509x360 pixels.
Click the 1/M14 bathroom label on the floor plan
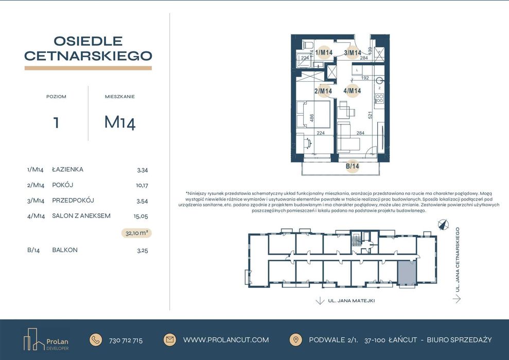click(324, 52)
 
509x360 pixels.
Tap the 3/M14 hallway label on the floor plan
click(353, 52)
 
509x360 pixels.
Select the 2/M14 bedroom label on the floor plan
click(323, 91)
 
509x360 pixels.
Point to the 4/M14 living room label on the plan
click(352, 91)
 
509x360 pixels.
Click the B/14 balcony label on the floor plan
click(352, 166)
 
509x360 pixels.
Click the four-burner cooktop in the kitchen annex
click(379, 99)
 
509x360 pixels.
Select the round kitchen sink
click(380, 80)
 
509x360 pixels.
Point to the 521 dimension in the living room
click(370, 116)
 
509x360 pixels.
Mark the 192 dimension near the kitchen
click(365, 78)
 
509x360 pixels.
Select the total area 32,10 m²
click(137, 233)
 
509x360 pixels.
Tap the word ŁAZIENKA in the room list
click(67, 169)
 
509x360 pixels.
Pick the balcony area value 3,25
click(142, 250)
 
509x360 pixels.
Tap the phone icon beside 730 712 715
click(96, 339)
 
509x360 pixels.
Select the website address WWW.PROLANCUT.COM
click(226, 340)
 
